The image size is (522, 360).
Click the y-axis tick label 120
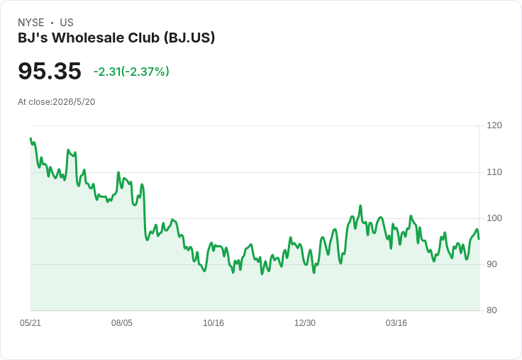[494, 125]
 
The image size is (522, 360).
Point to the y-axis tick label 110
[494, 172]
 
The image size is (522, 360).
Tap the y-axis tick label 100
[494, 218]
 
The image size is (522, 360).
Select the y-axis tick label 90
[492, 264]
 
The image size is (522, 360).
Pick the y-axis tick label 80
[492, 310]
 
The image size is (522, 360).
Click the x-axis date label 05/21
[30, 322]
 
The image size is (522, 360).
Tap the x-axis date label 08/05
[122, 322]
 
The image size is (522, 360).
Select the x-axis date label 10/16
[213, 322]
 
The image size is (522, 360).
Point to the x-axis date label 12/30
[305, 322]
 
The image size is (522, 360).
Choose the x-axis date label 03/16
[396, 322]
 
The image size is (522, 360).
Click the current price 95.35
[50, 71]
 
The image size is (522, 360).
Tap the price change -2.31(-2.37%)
[131, 72]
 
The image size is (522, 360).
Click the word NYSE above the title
[31, 23]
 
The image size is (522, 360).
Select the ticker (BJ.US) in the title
[189, 38]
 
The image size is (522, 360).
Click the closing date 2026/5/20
[74, 102]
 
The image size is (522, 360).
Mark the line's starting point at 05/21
[30, 138]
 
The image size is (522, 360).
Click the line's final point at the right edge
[479, 239]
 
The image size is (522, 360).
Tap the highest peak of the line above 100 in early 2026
[360, 206]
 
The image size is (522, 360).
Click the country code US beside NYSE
[67, 23]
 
